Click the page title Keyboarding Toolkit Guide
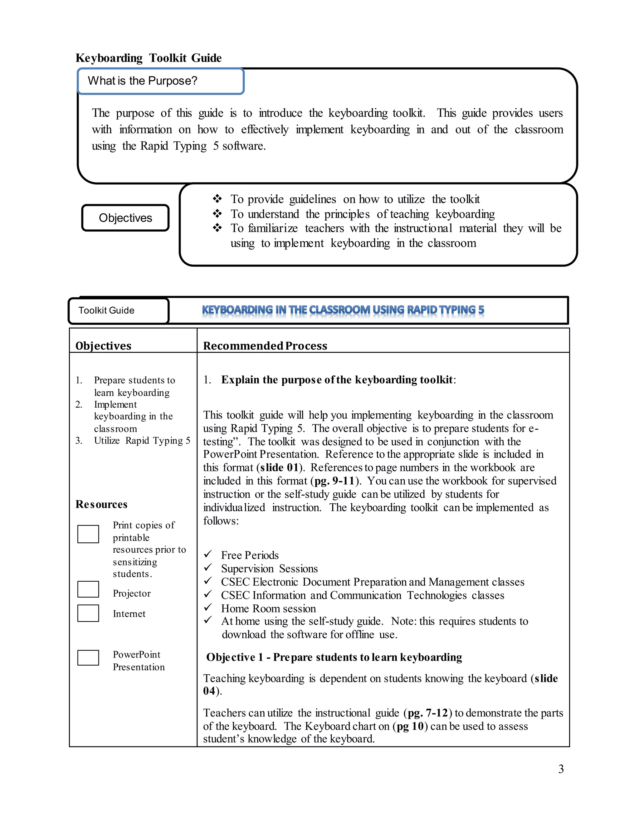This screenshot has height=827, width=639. (x=149, y=58)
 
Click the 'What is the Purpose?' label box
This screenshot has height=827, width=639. (x=160, y=81)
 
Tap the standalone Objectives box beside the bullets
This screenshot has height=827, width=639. (x=125, y=218)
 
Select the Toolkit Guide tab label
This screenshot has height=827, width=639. (x=118, y=311)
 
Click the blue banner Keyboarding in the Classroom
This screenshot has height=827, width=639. (x=343, y=310)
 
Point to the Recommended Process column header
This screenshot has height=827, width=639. (x=265, y=346)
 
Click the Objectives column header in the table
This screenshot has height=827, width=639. (x=103, y=346)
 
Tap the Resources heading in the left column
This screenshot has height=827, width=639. (x=101, y=504)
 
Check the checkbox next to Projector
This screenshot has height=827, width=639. (x=88, y=589)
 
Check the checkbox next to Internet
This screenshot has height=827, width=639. (x=88, y=613)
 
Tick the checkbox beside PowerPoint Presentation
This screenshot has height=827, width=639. (x=88, y=658)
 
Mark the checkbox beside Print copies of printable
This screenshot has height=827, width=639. (x=88, y=534)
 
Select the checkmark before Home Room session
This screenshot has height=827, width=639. (x=208, y=607)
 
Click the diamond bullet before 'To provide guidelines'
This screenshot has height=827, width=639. (x=217, y=198)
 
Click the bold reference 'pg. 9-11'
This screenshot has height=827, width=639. (x=334, y=481)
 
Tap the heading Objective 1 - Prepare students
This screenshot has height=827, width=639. (x=334, y=657)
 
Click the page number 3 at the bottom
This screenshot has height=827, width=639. (x=561, y=769)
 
